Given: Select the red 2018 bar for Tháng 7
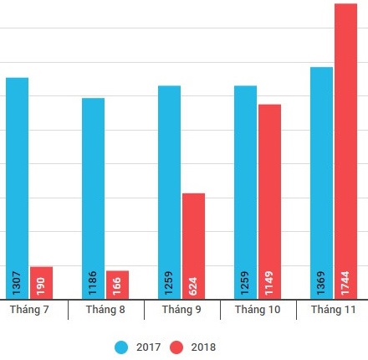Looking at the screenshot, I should pos(42,283).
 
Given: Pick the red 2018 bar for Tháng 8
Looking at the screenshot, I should pos(118,285).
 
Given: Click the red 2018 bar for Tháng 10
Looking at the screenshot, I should pos(269,201).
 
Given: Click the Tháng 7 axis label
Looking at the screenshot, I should pos(29,310).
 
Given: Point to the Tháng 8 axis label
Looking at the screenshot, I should pos(105,310).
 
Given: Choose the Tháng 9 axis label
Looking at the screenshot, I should pos(181,310).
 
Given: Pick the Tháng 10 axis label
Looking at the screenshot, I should pos(258,310).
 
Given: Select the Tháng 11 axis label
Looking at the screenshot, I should pos(334,310).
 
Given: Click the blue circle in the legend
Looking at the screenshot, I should pos(122,347).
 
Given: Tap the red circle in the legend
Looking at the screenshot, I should pos(176,347).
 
